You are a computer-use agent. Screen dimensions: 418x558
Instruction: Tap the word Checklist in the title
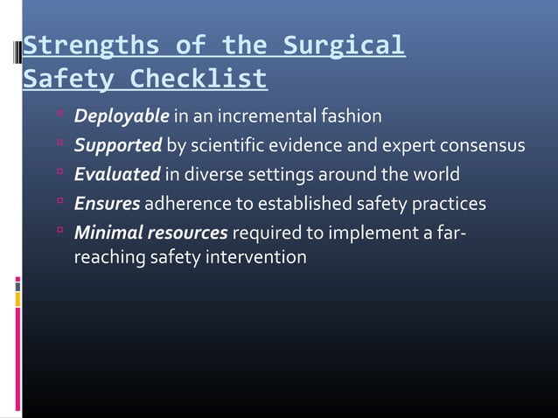coord(199,80)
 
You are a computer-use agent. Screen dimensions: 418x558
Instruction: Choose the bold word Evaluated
coord(117,175)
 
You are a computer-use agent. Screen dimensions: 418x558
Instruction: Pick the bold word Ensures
coord(107,205)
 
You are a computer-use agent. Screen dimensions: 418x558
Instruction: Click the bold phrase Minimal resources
coord(150,233)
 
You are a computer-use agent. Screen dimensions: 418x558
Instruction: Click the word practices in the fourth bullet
coord(449,205)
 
